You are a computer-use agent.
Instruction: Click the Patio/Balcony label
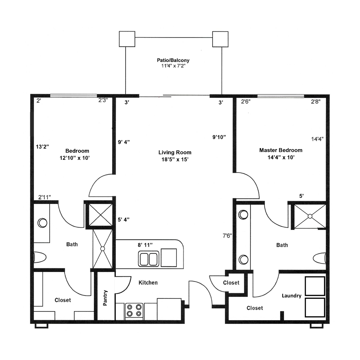point(173,60)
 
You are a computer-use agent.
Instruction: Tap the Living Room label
point(175,152)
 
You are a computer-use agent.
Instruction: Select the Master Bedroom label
point(280,150)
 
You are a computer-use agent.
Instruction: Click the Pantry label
point(105,298)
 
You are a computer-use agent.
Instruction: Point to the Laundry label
point(291,296)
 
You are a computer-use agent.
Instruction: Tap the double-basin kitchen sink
point(148,259)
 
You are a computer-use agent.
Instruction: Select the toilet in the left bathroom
point(40,257)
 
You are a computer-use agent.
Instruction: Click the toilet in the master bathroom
point(319,258)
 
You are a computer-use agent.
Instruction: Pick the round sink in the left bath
point(42,223)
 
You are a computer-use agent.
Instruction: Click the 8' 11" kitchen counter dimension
point(145,245)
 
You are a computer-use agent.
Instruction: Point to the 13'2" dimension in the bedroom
point(42,147)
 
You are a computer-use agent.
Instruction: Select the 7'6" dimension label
point(227,235)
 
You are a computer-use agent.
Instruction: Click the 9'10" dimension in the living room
point(219,137)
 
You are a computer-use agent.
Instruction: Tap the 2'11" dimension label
point(44,197)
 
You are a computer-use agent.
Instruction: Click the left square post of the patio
point(127,39)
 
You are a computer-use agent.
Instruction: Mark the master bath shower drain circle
point(310,216)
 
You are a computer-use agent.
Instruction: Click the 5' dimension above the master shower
point(301,196)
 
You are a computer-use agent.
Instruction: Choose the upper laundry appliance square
point(315,286)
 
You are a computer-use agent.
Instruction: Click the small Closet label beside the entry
point(231,283)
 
